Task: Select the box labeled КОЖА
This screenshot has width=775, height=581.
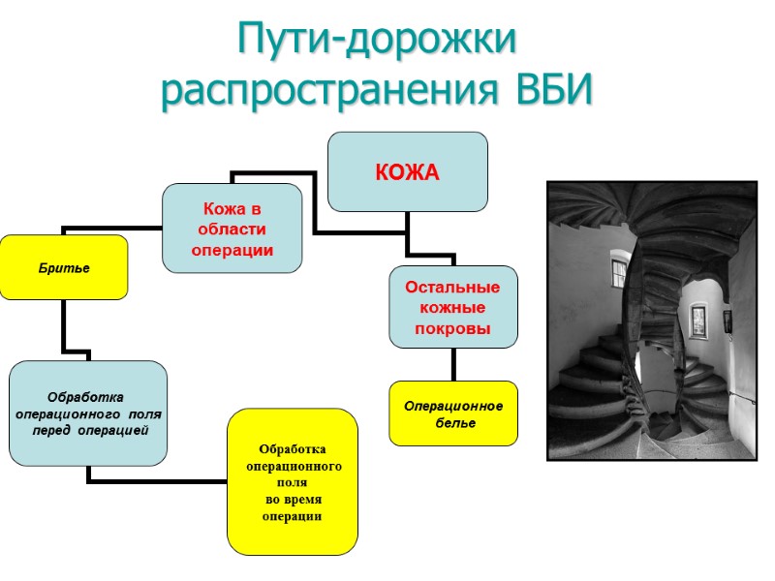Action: point(407,172)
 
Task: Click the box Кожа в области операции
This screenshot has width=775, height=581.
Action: point(232,229)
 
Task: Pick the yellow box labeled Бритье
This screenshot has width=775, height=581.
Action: point(64,267)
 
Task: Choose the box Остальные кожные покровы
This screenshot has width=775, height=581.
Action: point(452,308)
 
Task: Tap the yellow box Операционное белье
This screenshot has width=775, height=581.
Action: point(453,413)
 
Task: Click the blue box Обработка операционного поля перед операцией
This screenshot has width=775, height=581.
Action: point(88,413)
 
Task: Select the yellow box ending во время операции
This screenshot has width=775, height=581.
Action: point(292,481)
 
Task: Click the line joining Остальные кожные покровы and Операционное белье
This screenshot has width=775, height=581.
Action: point(453,364)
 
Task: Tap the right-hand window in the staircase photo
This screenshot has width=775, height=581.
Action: point(697,322)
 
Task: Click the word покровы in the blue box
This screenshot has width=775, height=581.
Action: point(452,328)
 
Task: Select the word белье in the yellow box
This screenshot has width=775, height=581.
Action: point(453,423)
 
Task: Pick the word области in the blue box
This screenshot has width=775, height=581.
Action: point(232,229)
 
